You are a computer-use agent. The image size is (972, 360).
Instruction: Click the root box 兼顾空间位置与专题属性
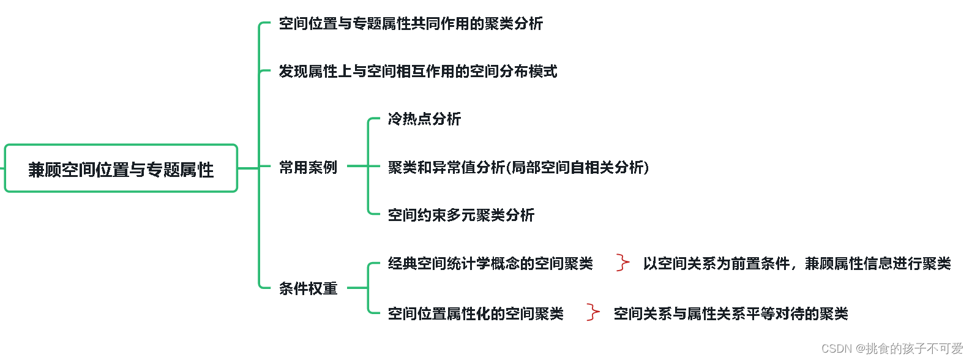[121, 168]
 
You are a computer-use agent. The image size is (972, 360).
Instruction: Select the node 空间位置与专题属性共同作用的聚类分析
[411, 24]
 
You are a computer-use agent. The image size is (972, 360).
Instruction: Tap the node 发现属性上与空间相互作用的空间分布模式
[418, 72]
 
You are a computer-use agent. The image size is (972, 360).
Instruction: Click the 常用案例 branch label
[308, 167]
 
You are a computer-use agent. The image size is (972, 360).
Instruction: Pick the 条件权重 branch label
[308, 288]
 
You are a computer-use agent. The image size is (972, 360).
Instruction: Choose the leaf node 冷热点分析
[424, 119]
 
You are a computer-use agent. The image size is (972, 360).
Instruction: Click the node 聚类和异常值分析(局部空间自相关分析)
[518, 167]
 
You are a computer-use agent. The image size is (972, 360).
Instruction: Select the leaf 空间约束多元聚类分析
[461, 215]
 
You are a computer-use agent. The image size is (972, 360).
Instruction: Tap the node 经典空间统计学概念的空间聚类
[490, 263]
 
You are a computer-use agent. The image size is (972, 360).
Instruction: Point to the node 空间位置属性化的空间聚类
[476, 313]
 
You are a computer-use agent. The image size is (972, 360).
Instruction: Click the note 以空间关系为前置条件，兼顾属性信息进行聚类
[797, 263]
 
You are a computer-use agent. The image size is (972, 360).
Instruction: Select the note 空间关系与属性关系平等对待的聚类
[731, 313]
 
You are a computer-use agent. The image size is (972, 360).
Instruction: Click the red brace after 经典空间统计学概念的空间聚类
[622, 263]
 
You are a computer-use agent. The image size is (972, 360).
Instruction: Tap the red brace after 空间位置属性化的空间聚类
[593, 312]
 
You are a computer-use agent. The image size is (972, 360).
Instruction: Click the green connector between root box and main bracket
[248, 168]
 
